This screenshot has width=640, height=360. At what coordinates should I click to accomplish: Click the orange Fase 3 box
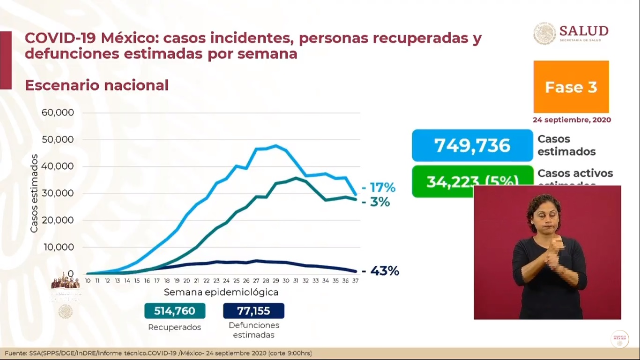pyautogui.click(x=571, y=87)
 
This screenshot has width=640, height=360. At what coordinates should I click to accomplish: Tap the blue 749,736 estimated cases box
pyautogui.click(x=472, y=145)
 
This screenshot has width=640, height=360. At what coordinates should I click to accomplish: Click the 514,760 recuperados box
pyautogui.click(x=174, y=311)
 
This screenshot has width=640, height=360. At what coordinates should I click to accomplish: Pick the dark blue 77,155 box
pyautogui.click(x=253, y=311)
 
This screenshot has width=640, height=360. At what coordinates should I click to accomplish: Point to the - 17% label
pyautogui.click(x=379, y=188)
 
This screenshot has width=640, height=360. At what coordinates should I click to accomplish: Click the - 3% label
pyautogui.click(x=376, y=202)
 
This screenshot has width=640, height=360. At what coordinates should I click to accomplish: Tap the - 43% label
pyautogui.click(x=380, y=271)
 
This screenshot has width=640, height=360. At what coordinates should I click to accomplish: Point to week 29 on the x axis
pyautogui.click(x=275, y=280)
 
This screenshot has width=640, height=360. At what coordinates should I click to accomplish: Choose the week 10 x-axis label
pyautogui.click(x=88, y=280)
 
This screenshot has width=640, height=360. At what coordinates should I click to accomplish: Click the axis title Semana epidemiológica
pyautogui.click(x=221, y=292)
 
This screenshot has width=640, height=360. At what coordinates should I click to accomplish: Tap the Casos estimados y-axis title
pyautogui.click(x=34, y=193)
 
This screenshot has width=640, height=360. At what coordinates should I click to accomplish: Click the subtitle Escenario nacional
pyautogui.click(x=97, y=85)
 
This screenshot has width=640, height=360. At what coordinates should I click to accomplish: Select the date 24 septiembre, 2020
pyautogui.click(x=572, y=120)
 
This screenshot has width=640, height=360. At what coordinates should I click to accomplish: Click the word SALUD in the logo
pyautogui.click(x=583, y=31)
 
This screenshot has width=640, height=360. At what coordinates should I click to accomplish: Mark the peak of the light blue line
pyautogui.click(x=275, y=145)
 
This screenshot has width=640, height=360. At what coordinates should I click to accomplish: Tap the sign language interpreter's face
pyautogui.click(x=543, y=217)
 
